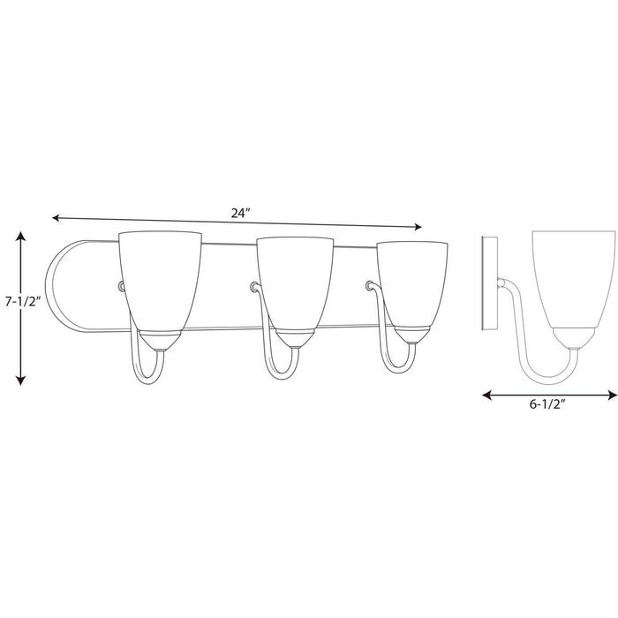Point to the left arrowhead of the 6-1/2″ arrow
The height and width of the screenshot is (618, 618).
pyautogui.click(x=487, y=396)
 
